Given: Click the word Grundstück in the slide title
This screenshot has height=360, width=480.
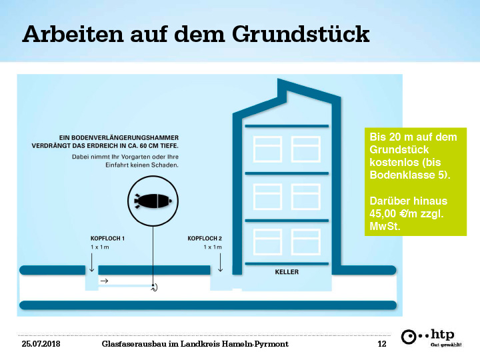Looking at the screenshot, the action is [x=301, y=34].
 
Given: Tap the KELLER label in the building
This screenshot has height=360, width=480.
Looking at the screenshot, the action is [x=287, y=272].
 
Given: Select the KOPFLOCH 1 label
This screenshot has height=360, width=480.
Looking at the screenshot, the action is [x=107, y=239].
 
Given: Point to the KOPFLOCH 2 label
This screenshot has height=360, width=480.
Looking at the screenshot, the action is [x=205, y=239].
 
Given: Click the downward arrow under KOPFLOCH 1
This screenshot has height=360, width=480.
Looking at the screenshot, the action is [x=91, y=263].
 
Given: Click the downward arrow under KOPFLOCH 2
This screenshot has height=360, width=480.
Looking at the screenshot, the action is [x=220, y=263].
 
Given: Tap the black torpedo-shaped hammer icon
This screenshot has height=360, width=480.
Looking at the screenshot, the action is [x=153, y=201].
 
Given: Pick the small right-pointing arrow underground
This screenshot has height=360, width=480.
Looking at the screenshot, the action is [x=105, y=281].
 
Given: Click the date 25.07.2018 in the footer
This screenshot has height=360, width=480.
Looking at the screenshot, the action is [x=41, y=344].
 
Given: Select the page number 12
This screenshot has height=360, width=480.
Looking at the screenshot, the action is [x=382, y=344].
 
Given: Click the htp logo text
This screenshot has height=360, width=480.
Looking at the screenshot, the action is [x=443, y=334].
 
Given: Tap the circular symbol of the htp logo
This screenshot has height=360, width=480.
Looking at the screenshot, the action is [x=409, y=337].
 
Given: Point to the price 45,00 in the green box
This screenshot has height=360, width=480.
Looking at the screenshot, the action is [x=383, y=213].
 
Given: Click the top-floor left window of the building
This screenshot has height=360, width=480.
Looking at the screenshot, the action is [x=267, y=149].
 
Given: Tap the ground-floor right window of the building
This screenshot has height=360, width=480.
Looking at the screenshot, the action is [x=305, y=242].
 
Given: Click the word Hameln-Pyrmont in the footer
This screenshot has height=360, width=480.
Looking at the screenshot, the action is [x=255, y=344].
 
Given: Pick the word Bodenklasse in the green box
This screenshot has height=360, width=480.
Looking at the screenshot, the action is [x=401, y=175].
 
